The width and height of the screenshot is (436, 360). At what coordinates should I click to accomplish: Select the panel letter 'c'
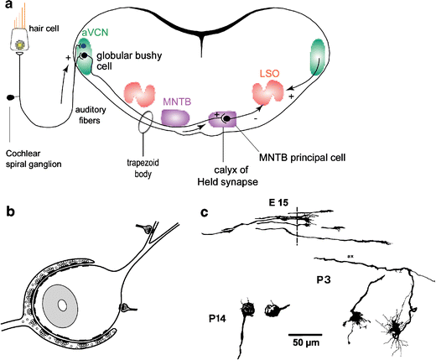pyautogui.click(x=207, y=212)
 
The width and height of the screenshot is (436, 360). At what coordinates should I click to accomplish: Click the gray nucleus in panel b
pyautogui.click(x=63, y=302)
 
